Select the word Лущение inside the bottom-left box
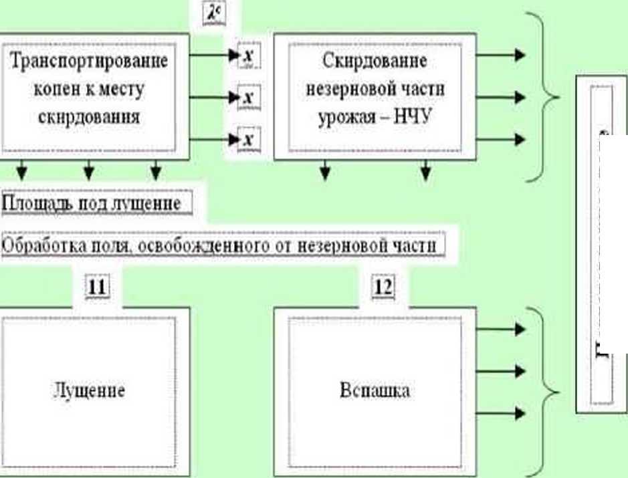88,390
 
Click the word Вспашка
375,390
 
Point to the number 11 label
98,287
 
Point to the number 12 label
383,287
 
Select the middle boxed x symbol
249,98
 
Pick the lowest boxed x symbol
249,140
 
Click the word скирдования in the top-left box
88,116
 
